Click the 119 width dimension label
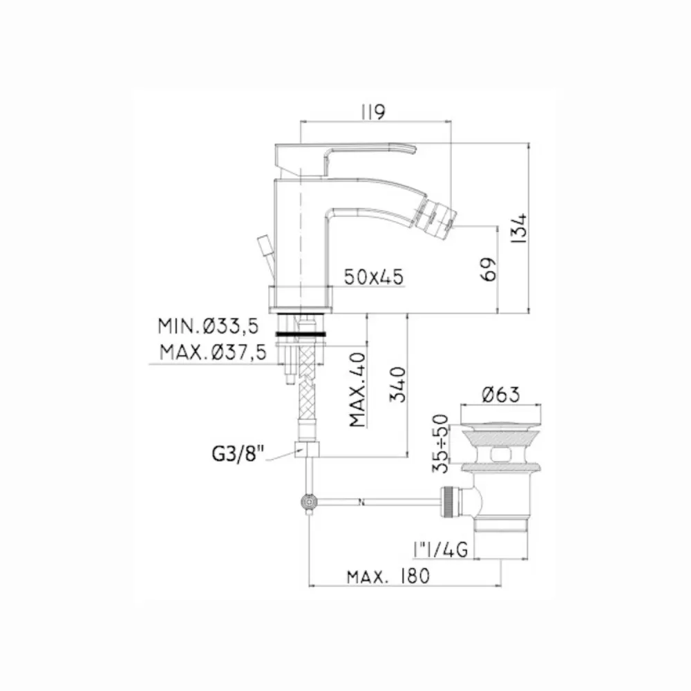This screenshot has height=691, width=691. (x=373, y=112)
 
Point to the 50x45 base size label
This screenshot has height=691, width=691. (x=373, y=277)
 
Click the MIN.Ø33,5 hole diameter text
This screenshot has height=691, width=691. (x=208, y=326)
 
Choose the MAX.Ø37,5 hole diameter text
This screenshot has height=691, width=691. (x=214, y=352)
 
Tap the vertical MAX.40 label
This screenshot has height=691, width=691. (x=357, y=390)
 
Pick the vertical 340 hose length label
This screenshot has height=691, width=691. (x=397, y=384)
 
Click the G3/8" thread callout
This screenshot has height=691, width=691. (x=238, y=453)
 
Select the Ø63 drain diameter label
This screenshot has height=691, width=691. (x=500, y=394)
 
